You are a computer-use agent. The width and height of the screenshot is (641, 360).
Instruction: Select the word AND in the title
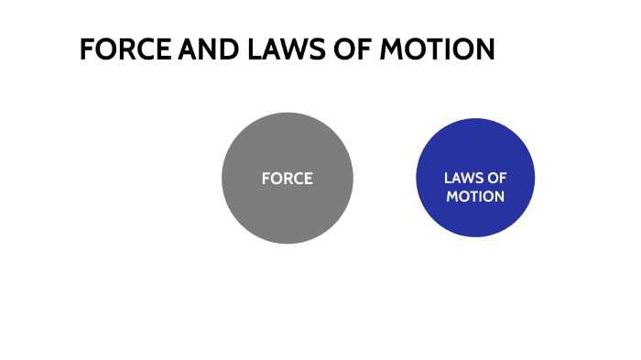point(201,49)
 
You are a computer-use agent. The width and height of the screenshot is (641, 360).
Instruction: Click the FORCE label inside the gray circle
point(287,179)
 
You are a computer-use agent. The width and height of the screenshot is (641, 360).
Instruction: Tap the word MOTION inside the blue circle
point(475,196)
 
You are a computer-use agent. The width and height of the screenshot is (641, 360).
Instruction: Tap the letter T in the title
point(440,49)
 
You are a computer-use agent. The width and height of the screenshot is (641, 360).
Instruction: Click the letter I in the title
point(453,49)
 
